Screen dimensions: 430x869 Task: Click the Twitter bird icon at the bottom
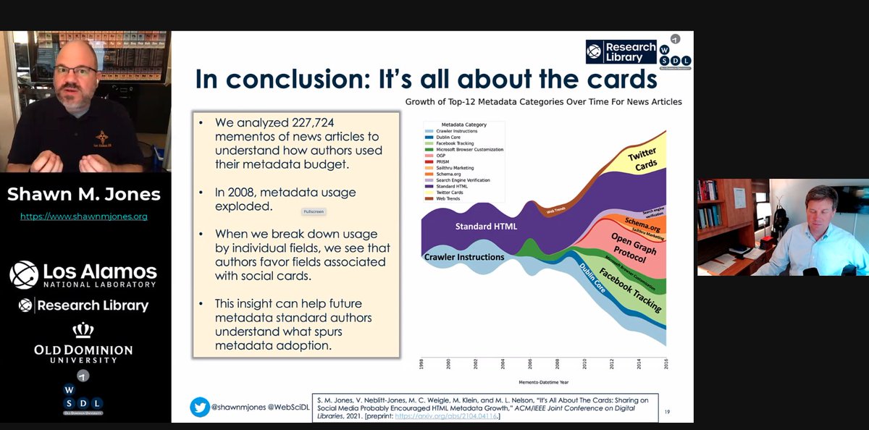(x=200, y=407)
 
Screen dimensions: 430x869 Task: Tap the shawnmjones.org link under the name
(x=84, y=216)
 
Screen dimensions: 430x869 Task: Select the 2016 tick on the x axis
(x=665, y=363)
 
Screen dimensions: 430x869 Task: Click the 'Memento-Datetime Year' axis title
(x=543, y=381)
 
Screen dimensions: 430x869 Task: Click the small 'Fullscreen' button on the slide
(x=314, y=211)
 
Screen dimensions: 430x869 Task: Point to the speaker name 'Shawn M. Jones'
(x=84, y=194)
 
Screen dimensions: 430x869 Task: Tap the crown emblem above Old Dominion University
(x=84, y=331)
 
